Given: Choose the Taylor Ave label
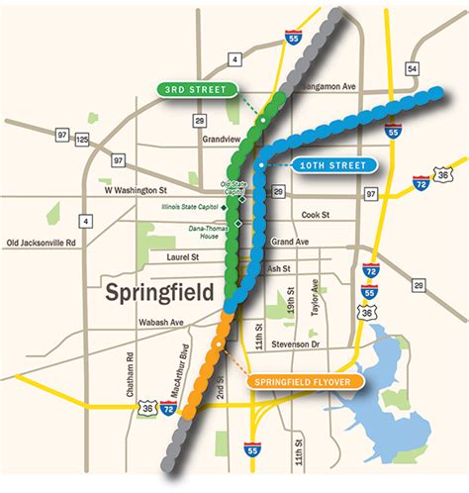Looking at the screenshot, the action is (316, 296).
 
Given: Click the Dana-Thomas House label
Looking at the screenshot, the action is (205, 233).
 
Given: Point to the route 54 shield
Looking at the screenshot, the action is (410, 68).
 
